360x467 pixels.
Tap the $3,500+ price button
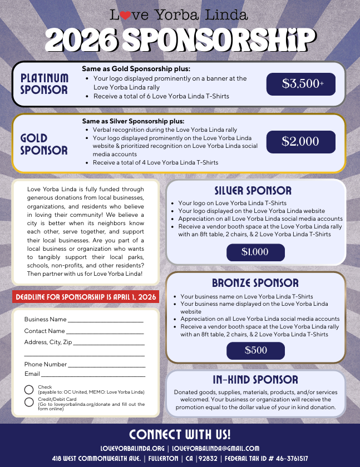(301, 84)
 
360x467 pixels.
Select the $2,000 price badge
(301, 142)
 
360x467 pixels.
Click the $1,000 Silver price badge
(255, 252)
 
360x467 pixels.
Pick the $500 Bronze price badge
(255, 350)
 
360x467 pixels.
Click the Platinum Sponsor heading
(45, 84)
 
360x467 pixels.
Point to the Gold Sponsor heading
(44, 144)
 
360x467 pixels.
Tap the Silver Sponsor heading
(253, 191)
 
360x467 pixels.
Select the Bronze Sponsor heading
(255, 282)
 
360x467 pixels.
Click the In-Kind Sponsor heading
(255, 380)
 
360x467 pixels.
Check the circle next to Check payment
(29, 390)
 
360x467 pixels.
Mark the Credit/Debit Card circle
(29, 402)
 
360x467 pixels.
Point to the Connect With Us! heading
(180, 434)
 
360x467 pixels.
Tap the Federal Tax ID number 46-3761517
(284, 459)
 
